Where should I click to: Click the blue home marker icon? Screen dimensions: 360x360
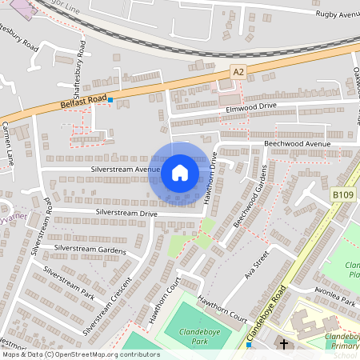180,172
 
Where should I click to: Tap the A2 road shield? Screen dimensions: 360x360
238,71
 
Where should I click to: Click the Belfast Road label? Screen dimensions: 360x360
82,99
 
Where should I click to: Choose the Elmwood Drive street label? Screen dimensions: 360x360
251,106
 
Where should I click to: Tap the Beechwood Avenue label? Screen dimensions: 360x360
297,144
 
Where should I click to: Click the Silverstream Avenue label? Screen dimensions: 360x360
126,170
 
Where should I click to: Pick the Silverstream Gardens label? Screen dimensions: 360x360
90,250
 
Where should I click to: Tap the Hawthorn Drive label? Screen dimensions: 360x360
210,177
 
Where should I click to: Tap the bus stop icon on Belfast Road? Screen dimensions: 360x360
110,100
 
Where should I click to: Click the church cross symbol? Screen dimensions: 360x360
283,343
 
